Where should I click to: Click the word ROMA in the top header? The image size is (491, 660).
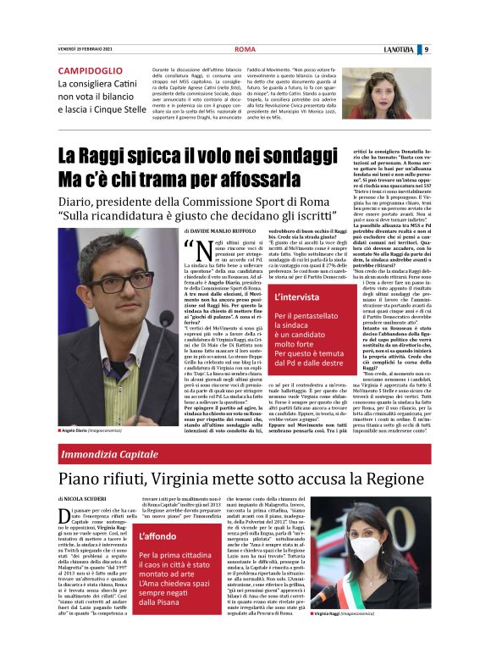245,49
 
